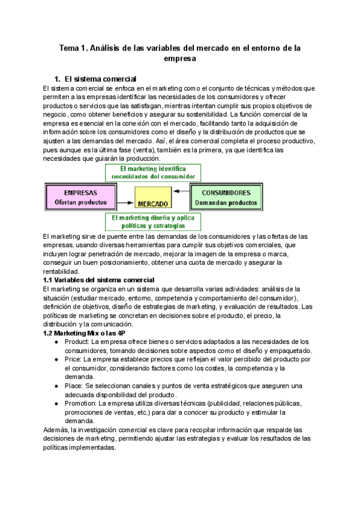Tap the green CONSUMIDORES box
coord(226,197)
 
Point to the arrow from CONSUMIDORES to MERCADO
coord(181,192)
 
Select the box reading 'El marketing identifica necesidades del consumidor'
coord(152,173)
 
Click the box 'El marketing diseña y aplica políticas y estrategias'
coord(152,222)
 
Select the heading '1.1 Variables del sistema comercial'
coord(99,280)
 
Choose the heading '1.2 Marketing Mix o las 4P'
coord(84,333)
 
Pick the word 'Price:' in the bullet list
coord(74,359)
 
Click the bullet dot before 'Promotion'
coord(56,403)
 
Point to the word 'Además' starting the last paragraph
coord(56,430)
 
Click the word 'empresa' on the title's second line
coord(180,59)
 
